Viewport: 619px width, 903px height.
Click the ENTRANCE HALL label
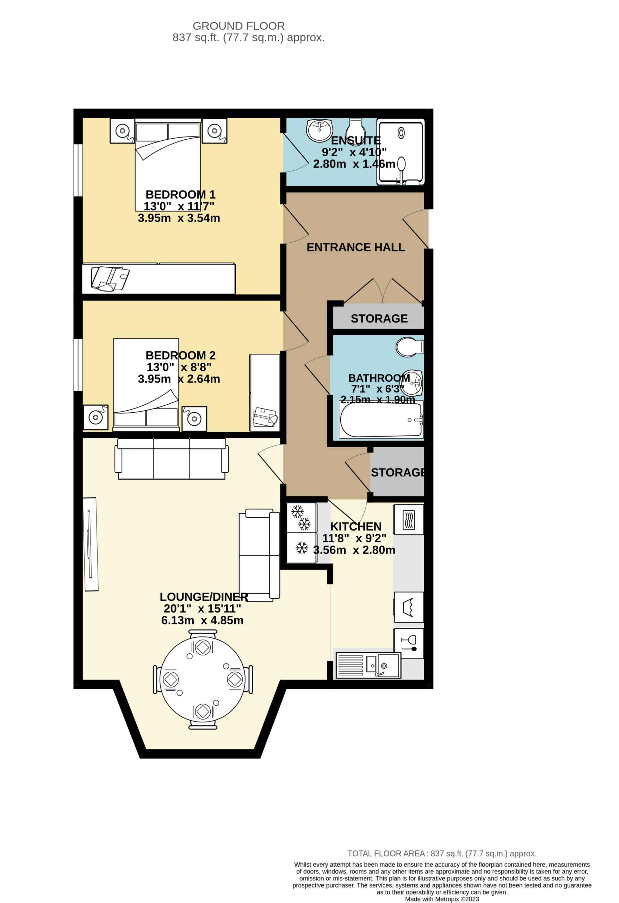point(355,247)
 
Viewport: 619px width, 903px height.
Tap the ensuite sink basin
point(320,131)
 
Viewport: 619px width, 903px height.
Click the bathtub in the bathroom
point(381,420)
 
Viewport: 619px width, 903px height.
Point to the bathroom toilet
point(409,347)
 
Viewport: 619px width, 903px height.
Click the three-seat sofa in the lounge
point(172,459)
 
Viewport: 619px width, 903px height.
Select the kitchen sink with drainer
point(368,665)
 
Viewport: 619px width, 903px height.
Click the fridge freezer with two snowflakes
point(302,517)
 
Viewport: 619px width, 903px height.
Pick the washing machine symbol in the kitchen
point(409,607)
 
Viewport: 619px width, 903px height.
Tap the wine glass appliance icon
point(409,643)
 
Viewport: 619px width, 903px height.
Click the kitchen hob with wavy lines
point(409,520)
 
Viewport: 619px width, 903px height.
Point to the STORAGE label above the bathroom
point(379,319)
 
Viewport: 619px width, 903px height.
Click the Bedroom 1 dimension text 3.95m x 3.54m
point(179,218)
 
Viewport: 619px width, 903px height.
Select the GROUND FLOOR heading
point(239,26)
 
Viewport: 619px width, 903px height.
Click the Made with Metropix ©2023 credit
point(442,899)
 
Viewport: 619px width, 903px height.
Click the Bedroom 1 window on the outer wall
point(78,170)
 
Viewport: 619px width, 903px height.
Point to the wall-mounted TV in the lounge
point(91,544)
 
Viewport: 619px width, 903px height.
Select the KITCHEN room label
point(356,527)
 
